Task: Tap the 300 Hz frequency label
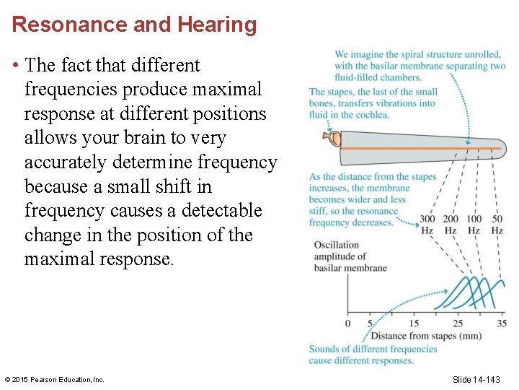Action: pyautogui.click(x=427, y=225)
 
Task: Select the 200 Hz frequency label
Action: pyautogui.click(x=451, y=225)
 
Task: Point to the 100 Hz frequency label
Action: pyautogui.click(x=474, y=225)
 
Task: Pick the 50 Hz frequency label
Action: pyautogui.click(x=497, y=225)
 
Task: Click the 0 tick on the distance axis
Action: pyautogui.click(x=347, y=324)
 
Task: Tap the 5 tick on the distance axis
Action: pyautogui.click(x=370, y=324)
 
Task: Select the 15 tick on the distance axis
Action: pyautogui.click(x=414, y=324)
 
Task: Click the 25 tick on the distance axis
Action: pyautogui.click(x=458, y=324)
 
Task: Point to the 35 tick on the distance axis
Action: pyautogui.click(x=502, y=324)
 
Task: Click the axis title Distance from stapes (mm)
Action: pyautogui.click(x=425, y=336)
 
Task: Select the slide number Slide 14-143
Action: pyautogui.click(x=476, y=379)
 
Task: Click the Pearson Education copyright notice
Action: pyautogui.click(x=54, y=379)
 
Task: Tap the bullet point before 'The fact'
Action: pyautogui.click(x=15, y=66)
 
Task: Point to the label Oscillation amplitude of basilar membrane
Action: pyautogui.click(x=350, y=256)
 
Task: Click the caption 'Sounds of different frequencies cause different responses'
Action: pyautogui.click(x=373, y=355)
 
